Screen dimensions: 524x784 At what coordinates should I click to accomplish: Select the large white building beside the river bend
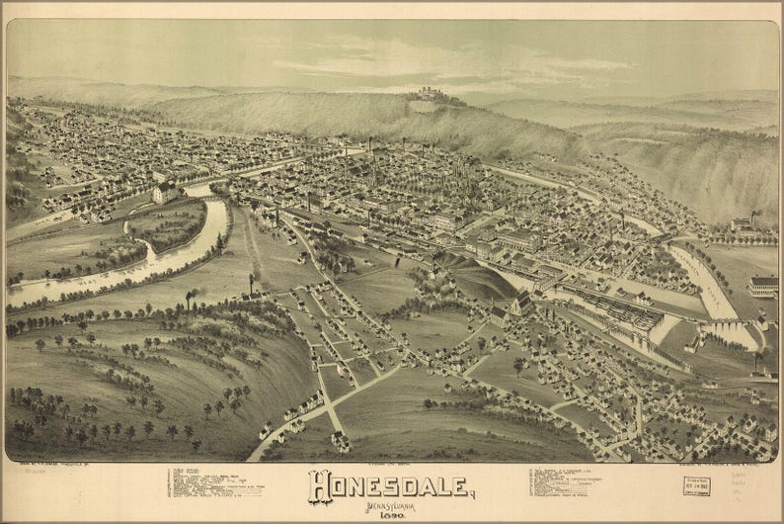(166, 191)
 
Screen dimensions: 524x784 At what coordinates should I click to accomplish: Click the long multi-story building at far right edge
(763, 286)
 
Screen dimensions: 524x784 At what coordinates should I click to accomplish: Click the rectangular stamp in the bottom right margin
(695, 485)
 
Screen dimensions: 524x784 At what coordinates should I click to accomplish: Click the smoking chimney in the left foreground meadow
(189, 299)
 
